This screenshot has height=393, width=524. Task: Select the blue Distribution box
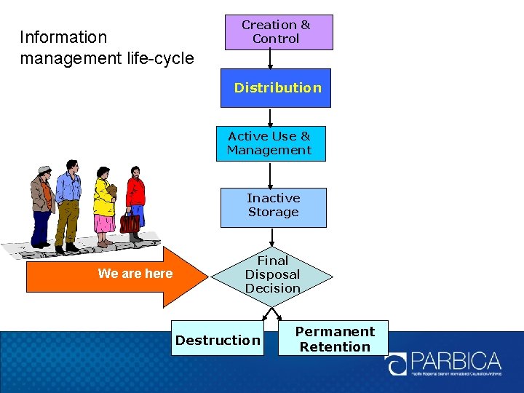coord(276,88)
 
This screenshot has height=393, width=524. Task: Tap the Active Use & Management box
coord(270,143)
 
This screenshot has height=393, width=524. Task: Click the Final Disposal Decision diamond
coord(272,275)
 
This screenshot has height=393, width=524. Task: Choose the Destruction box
coord(217,340)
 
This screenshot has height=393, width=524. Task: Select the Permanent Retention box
coord(333,338)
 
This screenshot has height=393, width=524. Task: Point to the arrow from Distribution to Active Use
coord(270,116)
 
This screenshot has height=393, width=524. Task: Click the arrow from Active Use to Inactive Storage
coord(270,175)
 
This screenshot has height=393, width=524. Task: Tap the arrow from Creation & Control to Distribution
coord(270,60)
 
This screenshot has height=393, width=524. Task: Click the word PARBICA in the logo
coord(456,361)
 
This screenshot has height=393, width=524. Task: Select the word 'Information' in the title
coord(63,37)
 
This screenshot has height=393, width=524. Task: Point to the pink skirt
coord(104,223)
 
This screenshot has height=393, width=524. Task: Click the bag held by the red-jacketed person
coord(130,223)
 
